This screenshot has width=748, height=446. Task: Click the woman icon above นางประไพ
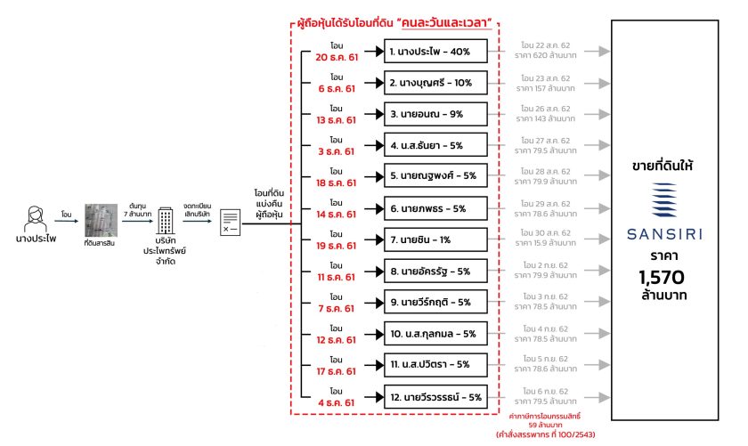[36, 219]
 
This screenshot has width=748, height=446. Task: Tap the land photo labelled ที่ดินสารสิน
[101, 221]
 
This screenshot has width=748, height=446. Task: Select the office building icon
[166, 221]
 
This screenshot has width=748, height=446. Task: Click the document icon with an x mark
[230, 223]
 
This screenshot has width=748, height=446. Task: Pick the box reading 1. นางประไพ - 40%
[435, 52]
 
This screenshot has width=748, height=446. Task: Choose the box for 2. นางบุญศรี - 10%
[435, 83]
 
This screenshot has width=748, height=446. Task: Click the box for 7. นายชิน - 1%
[435, 240]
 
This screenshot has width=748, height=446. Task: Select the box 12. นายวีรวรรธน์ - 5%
[435, 397]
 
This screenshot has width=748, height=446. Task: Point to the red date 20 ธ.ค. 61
[337, 57]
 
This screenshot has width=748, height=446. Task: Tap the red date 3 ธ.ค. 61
[337, 151]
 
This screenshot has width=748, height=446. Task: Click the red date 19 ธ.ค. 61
[337, 246]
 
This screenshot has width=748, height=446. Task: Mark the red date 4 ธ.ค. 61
[337, 402]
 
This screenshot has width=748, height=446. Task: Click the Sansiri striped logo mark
[664, 200]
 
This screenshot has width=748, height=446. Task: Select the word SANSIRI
[664, 234]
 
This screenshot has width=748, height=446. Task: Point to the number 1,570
[662, 277]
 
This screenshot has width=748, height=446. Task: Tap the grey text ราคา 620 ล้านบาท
[545, 55]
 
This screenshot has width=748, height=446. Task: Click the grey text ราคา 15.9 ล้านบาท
[545, 243]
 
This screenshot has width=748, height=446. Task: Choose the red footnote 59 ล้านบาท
[545, 425]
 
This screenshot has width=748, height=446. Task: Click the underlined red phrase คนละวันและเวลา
[446, 22]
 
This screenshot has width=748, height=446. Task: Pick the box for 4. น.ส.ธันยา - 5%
[435, 145]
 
